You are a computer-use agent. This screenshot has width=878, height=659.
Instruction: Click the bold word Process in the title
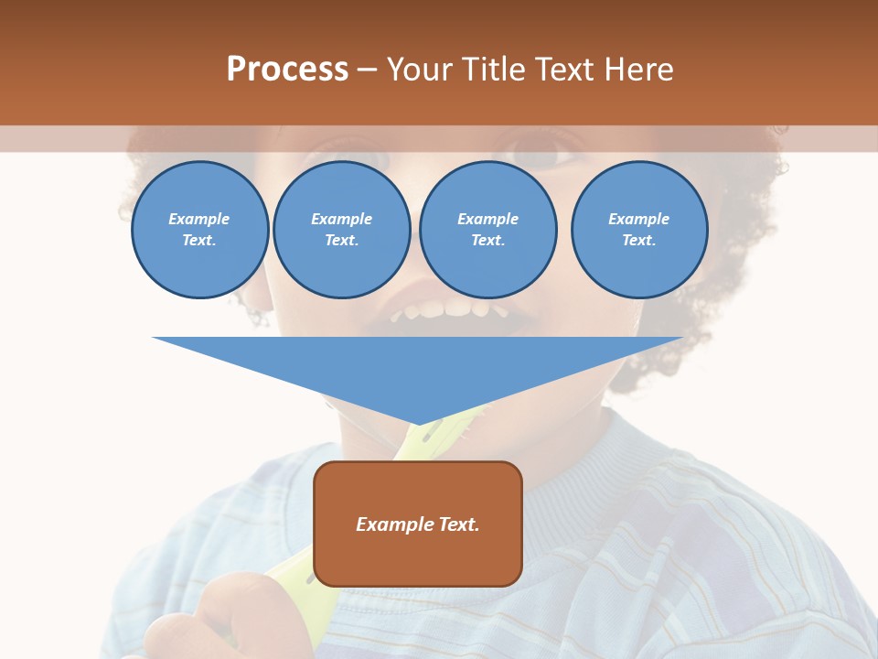click(x=287, y=70)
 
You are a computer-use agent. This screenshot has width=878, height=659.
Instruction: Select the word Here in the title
click(x=640, y=70)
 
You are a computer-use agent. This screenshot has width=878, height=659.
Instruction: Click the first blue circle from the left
click(x=199, y=230)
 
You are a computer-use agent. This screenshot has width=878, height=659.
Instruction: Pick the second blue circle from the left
click(x=341, y=230)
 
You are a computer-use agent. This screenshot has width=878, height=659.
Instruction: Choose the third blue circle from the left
click(x=487, y=230)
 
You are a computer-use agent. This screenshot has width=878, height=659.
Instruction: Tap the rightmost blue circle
click(x=638, y=230)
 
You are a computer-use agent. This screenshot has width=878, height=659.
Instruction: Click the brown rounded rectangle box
click(x=418, y=549)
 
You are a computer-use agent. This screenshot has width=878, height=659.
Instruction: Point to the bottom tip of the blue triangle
click(x=419, y=424)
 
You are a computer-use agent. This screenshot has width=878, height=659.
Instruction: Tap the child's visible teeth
click(x=448, y=310)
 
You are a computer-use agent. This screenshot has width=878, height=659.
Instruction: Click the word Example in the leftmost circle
click(x=199, y=220)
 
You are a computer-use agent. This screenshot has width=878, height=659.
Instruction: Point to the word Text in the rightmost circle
click(x=638, y=241)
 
